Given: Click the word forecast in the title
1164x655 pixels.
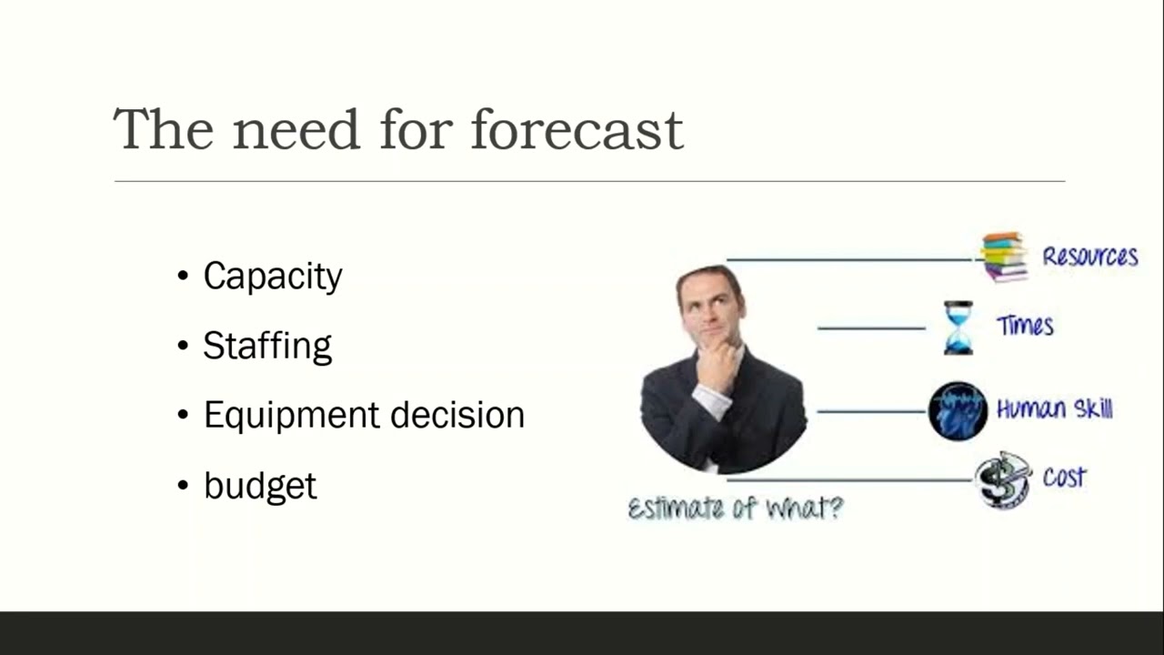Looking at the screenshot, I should coord(577,129).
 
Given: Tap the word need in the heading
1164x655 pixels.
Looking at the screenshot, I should coord(296,129).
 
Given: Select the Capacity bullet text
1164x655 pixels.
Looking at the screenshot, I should coord(273,277).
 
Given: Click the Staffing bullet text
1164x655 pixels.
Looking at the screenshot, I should coord(267,347).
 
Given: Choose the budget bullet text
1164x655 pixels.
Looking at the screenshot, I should coord(260,486).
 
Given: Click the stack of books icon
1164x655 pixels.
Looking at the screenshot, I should coord(1004,257).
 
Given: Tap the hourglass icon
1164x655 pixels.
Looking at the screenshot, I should coord(958,327).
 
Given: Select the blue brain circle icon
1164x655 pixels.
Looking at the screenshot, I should coord(958,411).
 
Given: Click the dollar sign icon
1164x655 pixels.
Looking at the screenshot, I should coord(1002,479).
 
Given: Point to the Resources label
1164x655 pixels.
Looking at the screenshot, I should coord(1089,257).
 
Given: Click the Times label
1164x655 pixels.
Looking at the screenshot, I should coord(1025,326).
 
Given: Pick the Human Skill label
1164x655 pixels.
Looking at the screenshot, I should coord(1054,409).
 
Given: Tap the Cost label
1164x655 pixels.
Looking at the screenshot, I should coord(1064,478).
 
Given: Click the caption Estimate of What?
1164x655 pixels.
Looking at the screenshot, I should coord(735,508).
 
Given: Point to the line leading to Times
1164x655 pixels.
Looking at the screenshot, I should coord(870,328).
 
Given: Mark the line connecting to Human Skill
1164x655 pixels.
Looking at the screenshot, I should coord(870,411).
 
